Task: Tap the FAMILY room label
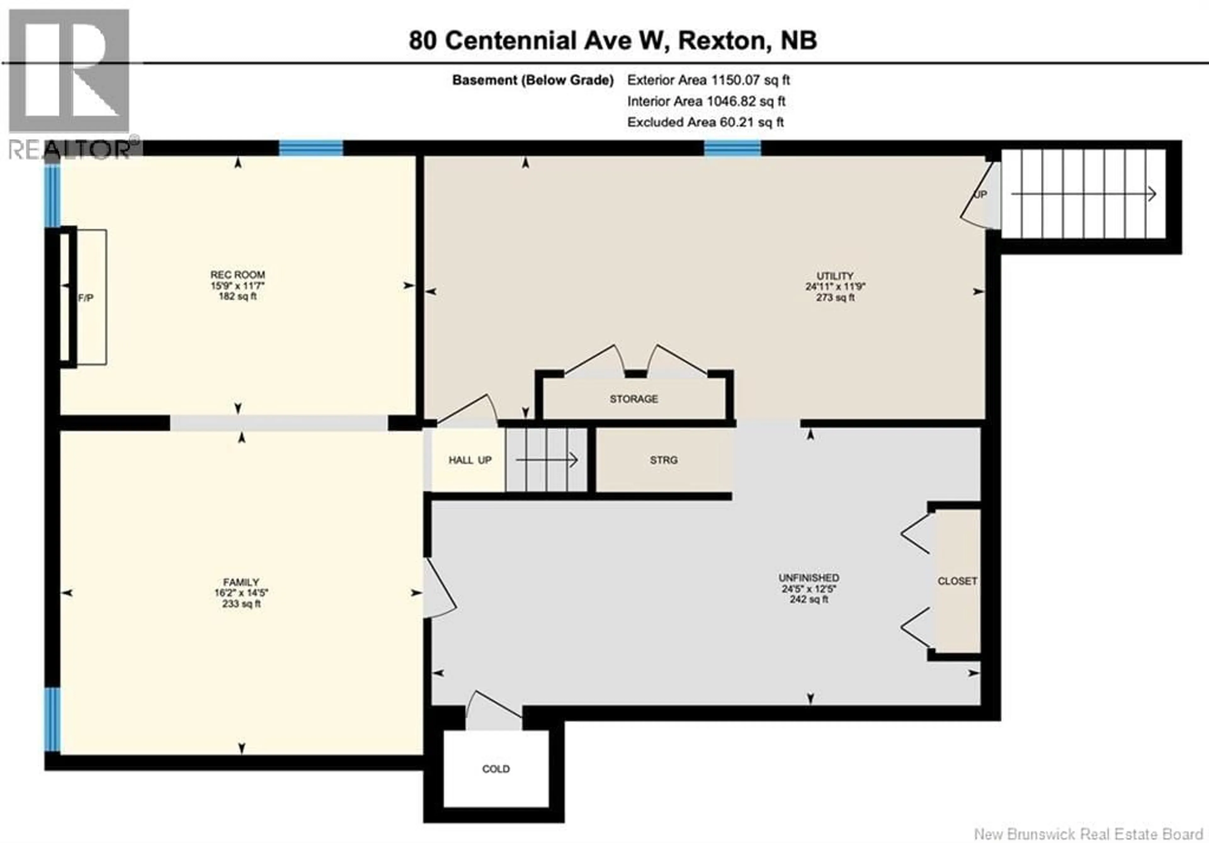pyautogui.click(x=241, y=582)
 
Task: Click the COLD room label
pyautogui.click(x=496, y=769)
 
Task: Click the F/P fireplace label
pyautogui.click(x=86, y=298)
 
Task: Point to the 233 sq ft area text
pyautogui.click(x=241, y=604)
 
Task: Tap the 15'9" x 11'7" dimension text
pyautogui.click(x=237, y=286)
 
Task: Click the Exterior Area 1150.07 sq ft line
pyautogui.click(x=708, y=80)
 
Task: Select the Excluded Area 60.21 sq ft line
pyautogui.click(x=705, y=122)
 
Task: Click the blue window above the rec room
pyautogui.click(x=311, y=149)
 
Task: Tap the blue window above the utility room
pyautogui.click(x=732, y=149)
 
